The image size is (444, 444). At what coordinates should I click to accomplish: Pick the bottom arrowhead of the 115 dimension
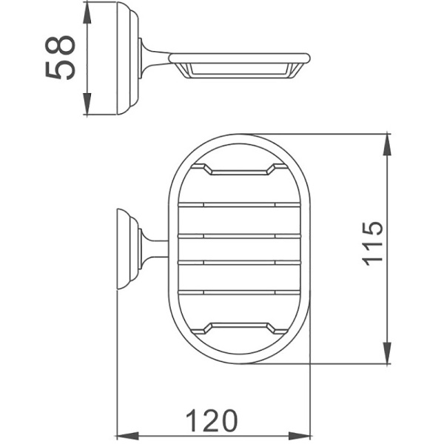[x=386, y=355]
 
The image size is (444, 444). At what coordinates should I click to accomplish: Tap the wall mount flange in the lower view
[x=127, y=248]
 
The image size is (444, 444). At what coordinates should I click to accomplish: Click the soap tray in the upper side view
[x=237, y=65]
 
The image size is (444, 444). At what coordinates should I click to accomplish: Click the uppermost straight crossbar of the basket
[x=240, y=203]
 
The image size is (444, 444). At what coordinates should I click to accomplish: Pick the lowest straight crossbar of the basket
[x=240, y=292]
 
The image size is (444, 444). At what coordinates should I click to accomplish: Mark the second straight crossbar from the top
[x=240, y=235]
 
